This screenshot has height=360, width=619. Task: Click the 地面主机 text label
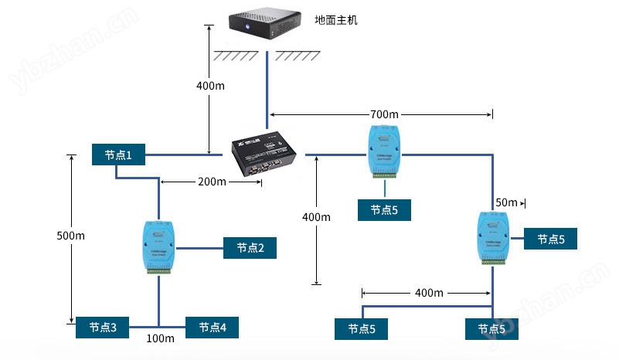[336, 21]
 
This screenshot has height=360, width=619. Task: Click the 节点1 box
[118, 155]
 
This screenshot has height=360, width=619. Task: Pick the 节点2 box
[250, 247]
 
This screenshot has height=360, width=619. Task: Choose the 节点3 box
[102, 328]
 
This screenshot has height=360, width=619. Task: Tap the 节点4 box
[212, 328]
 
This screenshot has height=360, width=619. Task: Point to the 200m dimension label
[212, 182]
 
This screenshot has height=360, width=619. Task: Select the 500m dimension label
[70, 234]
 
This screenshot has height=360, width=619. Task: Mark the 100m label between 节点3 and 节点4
[160, 338]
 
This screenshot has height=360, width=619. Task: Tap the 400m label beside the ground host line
[210, 85]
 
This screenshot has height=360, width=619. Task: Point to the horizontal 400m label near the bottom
[429, 293]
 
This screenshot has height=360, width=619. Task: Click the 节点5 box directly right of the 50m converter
[550, 239]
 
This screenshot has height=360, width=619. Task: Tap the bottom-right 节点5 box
[492, 328]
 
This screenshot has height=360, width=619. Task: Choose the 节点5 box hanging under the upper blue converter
[384, 209]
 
